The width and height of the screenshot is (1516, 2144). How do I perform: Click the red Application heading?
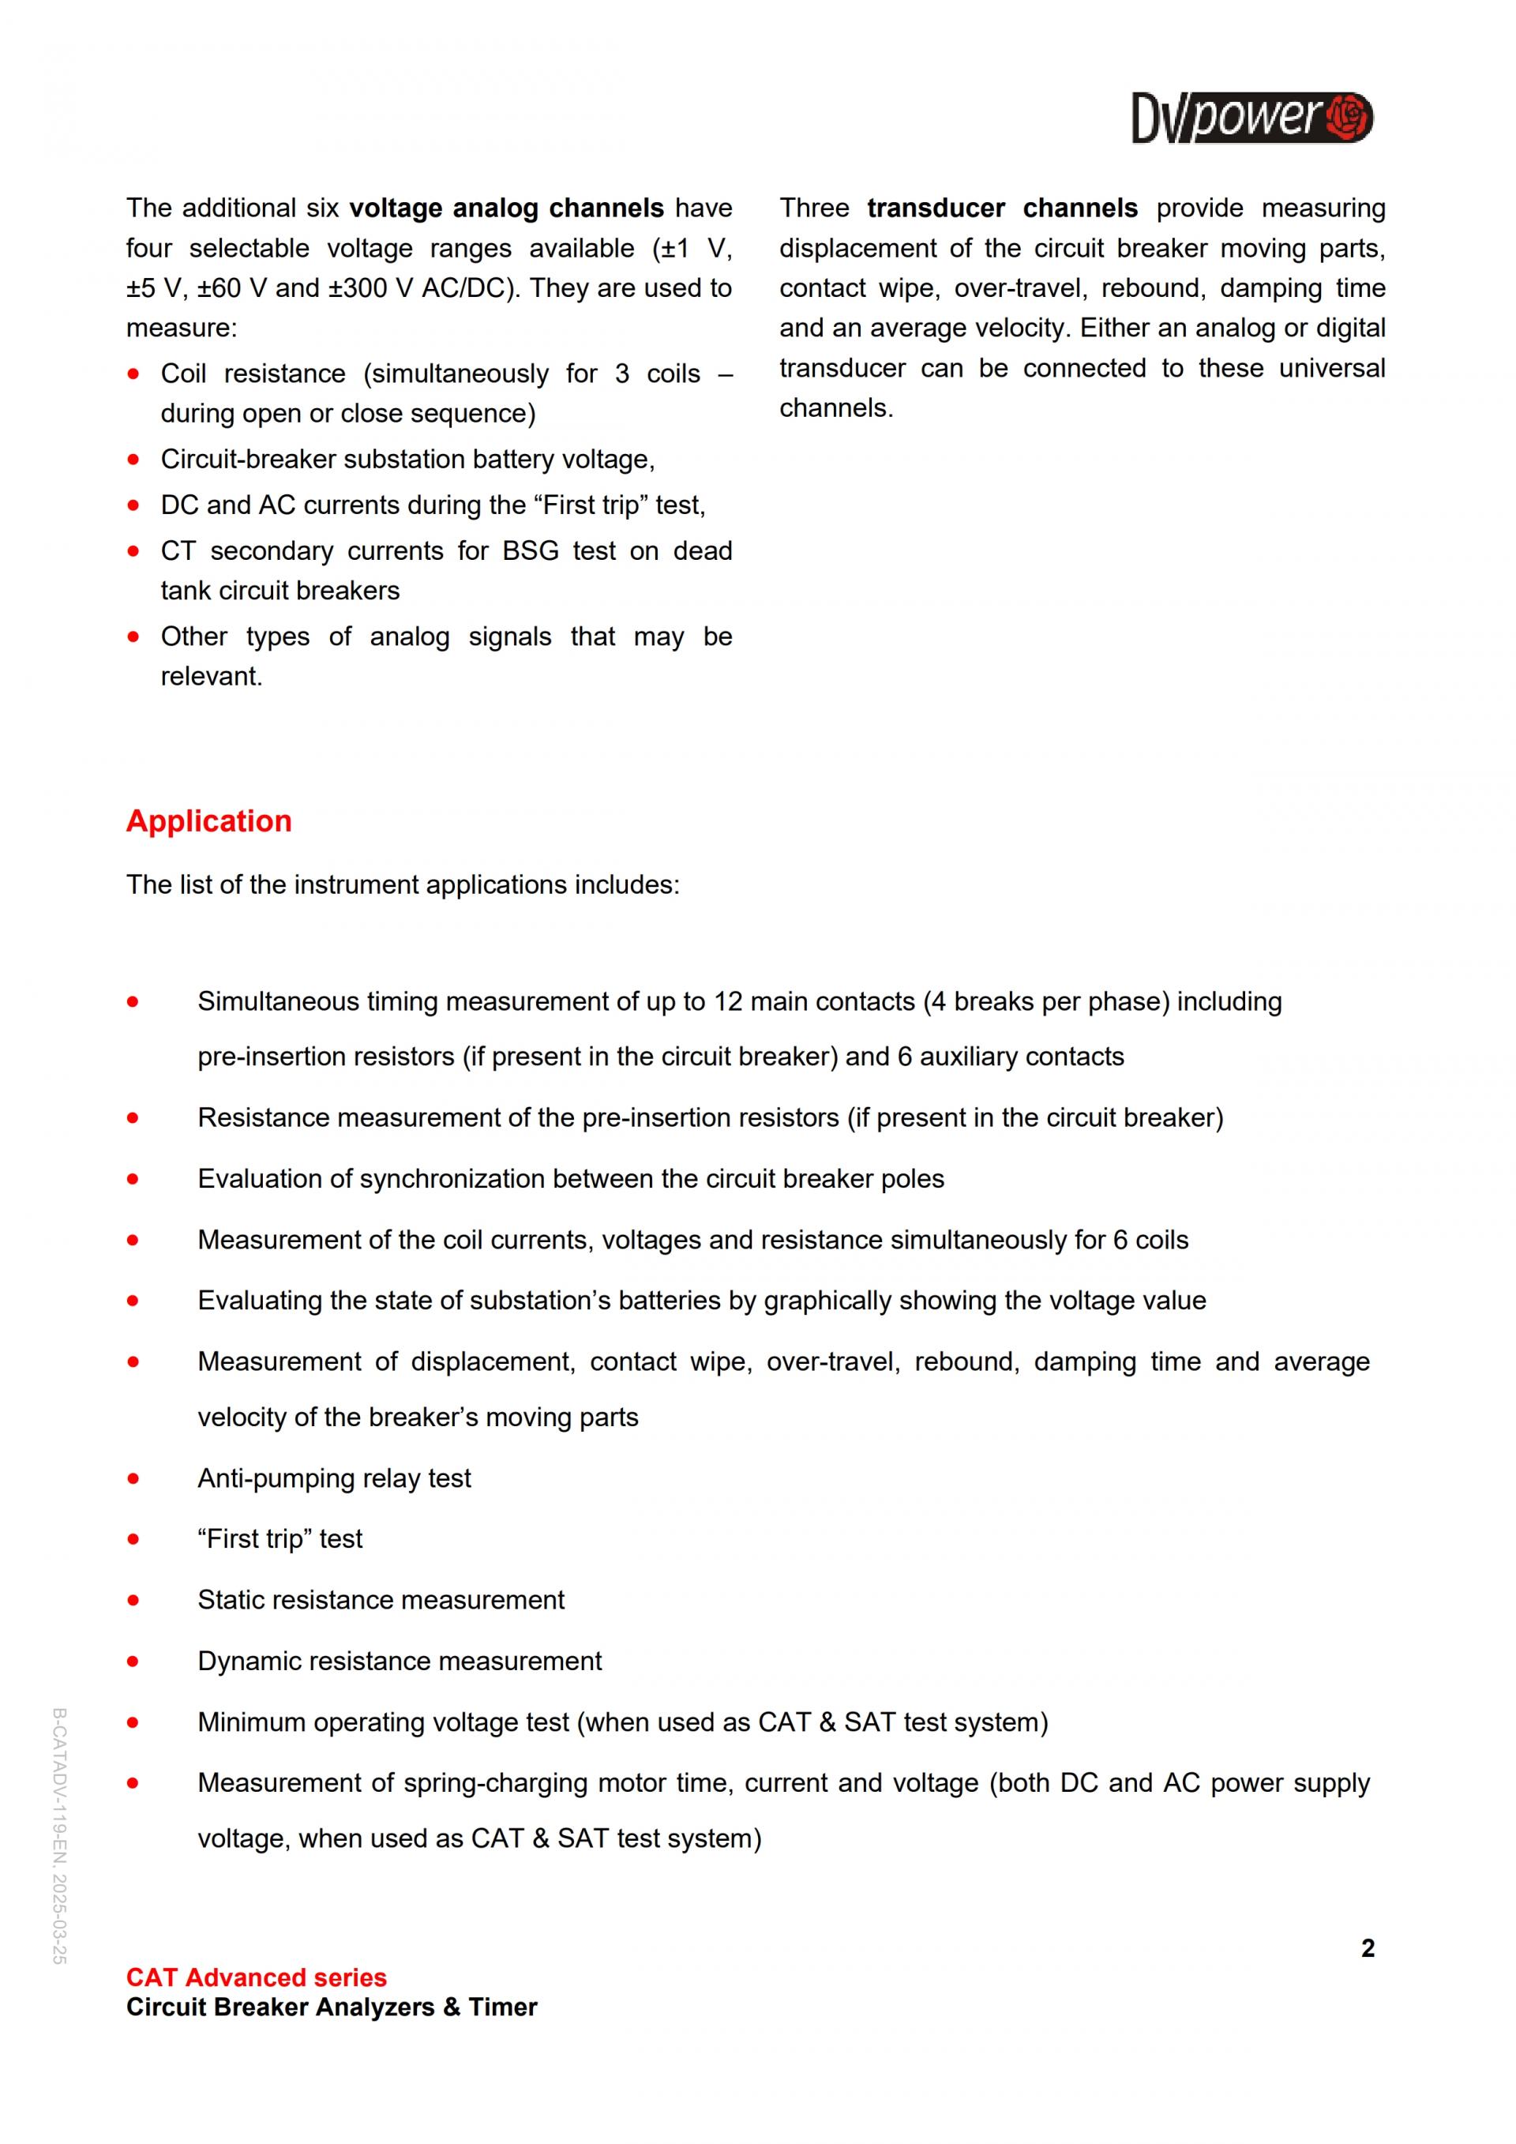pos(209,820)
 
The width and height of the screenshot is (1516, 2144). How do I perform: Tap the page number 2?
pos(1368,1948)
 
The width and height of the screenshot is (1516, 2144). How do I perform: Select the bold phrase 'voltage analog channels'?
pos(507,208)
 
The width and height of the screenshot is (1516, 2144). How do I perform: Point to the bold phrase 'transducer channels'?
pos(1002,208)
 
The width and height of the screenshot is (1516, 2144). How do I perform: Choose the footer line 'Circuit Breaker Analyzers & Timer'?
pos(332,2007)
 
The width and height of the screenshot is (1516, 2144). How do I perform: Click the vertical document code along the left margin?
pos(58,1836)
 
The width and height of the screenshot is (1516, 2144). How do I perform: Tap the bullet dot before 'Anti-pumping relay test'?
pos(133,1478)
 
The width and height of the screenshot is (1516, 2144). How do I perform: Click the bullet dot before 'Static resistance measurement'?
pos(133,1600)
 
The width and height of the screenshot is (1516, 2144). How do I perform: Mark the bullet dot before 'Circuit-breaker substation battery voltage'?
pos(133,460)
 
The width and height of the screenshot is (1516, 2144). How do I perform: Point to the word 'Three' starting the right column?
pos(814,208)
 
